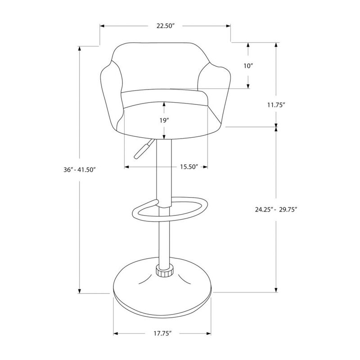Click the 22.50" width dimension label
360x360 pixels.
[x=165, y=26]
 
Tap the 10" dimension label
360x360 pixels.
[x=248, y=66]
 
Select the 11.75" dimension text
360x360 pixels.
[x=275, y=104]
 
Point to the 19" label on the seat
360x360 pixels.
[x=164, y=121]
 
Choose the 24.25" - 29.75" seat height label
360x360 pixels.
[x=276, y=209]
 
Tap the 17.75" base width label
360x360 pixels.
[x=162, y=333]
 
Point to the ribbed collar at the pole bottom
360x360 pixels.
[x=164, y=271]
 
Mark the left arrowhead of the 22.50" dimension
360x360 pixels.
[x=101, y=26]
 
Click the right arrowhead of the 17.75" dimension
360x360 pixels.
[x=209, y=333]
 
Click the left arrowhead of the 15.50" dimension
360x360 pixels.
[x=126, y=167]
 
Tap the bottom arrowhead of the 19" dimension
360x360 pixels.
[x=164, y=137]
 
